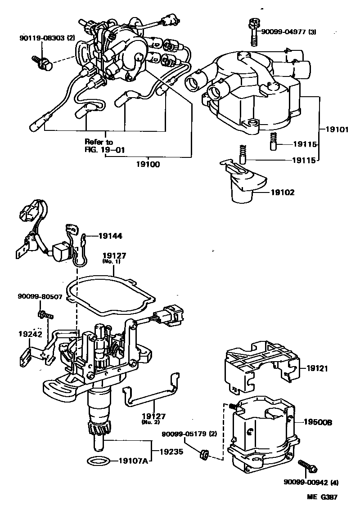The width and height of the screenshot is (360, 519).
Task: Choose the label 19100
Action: pyautogui.click(x=147, y=165)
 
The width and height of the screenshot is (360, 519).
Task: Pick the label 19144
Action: pyautogui.click(x=110, y=235)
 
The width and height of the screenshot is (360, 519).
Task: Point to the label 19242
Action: pyautogui.click(x=30, y=335)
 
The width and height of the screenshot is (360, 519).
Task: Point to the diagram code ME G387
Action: pyautogui.click(x=322, y=497)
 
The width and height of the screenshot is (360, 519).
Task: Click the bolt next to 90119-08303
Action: pyautogui.click(x=42, y=63)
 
